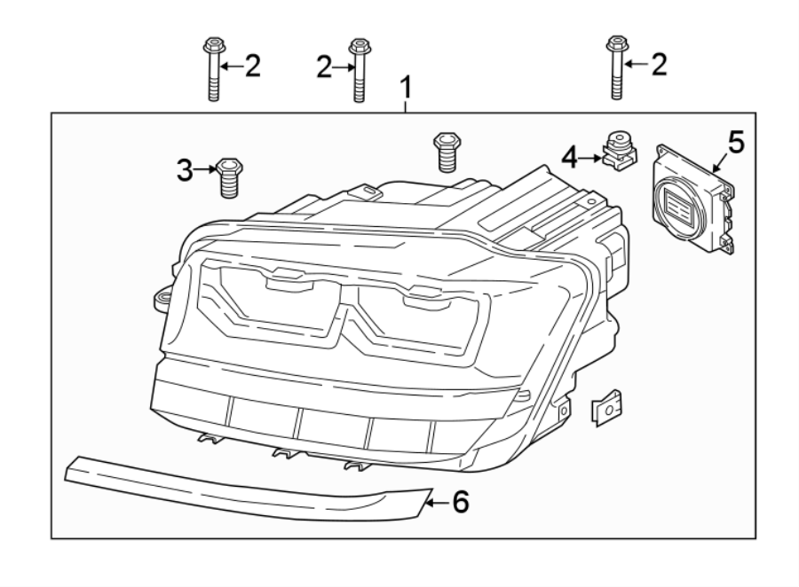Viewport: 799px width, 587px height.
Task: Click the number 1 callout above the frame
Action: pyautogui.click(x=406, y=89)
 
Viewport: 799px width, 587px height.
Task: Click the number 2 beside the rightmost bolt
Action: pyautogui.click(x=657, y=65)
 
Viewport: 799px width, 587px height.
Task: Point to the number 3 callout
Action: pyautogui.click(x=184, y=170)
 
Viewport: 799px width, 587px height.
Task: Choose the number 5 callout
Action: pyautogui.click(x=735, y=140)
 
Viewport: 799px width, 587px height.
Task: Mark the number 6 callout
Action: pyautogui.click(x=458, y=503)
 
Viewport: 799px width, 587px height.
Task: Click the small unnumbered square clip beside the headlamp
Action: pyautogui.click(x=605, y=407)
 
